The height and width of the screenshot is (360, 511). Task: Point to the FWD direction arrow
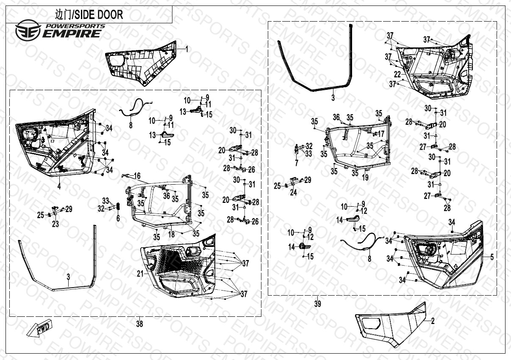[39, 328]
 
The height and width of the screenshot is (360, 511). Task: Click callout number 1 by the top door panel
[187, 49]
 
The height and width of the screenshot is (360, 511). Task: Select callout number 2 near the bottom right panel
[433, 321]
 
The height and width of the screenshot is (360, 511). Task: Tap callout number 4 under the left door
[59, 186]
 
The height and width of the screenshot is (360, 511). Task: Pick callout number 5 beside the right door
[492, 257]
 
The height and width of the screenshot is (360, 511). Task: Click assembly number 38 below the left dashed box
[139, 324]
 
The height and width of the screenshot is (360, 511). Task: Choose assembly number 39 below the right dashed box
[318, 304]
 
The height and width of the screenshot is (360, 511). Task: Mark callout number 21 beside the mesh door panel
[140, 274]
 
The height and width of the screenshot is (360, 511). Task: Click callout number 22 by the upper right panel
[397, 74]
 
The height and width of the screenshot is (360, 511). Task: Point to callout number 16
[137, 176]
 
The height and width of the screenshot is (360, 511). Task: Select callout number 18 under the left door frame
[172, 234]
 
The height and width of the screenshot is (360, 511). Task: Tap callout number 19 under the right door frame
[365, 178]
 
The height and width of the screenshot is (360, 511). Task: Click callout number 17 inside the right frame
[381, 134]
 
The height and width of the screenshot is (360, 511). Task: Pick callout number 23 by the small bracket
[56, 224]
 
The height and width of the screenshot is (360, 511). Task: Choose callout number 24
[293, 192]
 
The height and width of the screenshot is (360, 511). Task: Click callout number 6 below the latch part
[118, 218]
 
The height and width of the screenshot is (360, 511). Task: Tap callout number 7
[297, 163]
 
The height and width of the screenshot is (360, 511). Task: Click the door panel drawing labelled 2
[390, 324]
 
